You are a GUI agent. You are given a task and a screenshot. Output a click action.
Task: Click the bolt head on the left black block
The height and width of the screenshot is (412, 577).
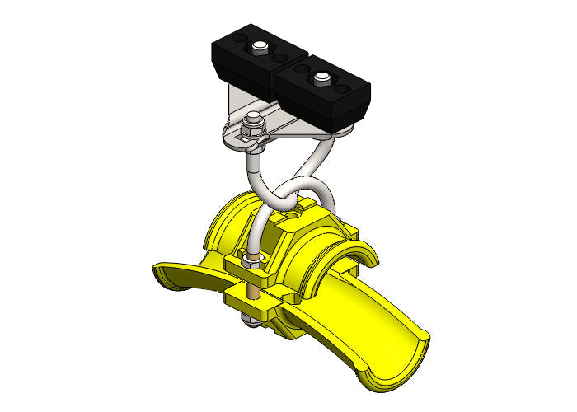point(261,46)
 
